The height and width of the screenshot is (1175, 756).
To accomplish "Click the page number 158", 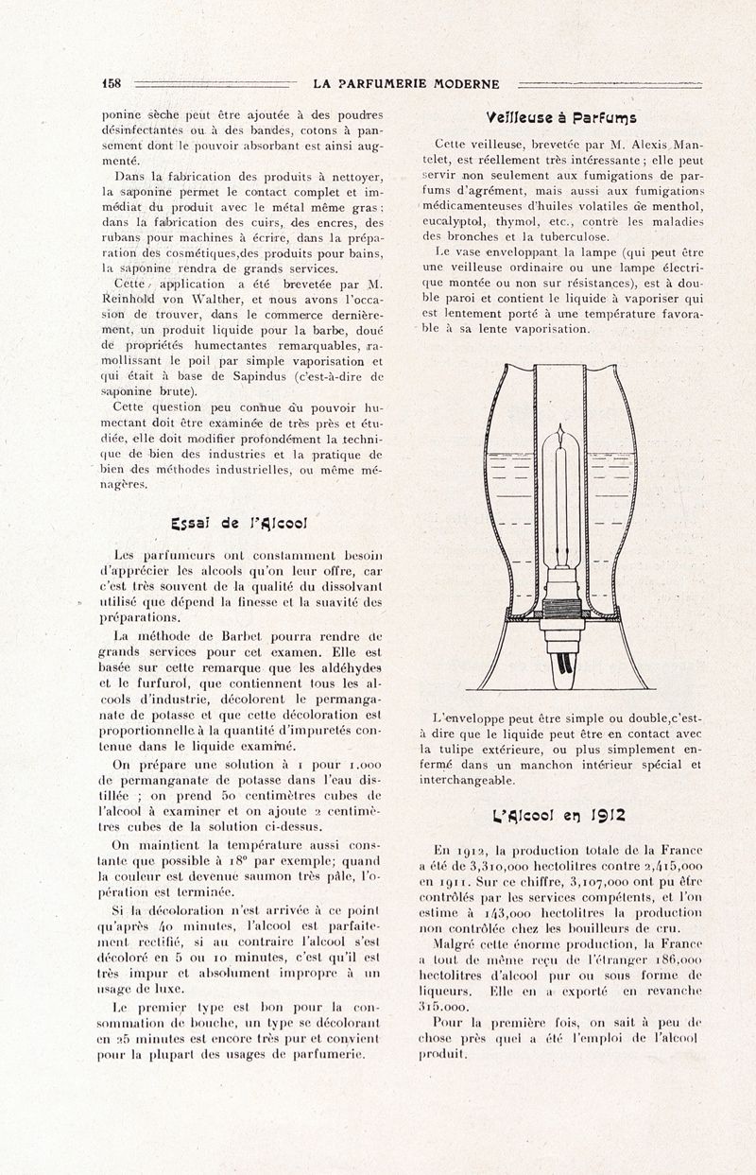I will [112, 83].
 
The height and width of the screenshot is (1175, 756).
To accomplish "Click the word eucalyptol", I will [455, 221].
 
